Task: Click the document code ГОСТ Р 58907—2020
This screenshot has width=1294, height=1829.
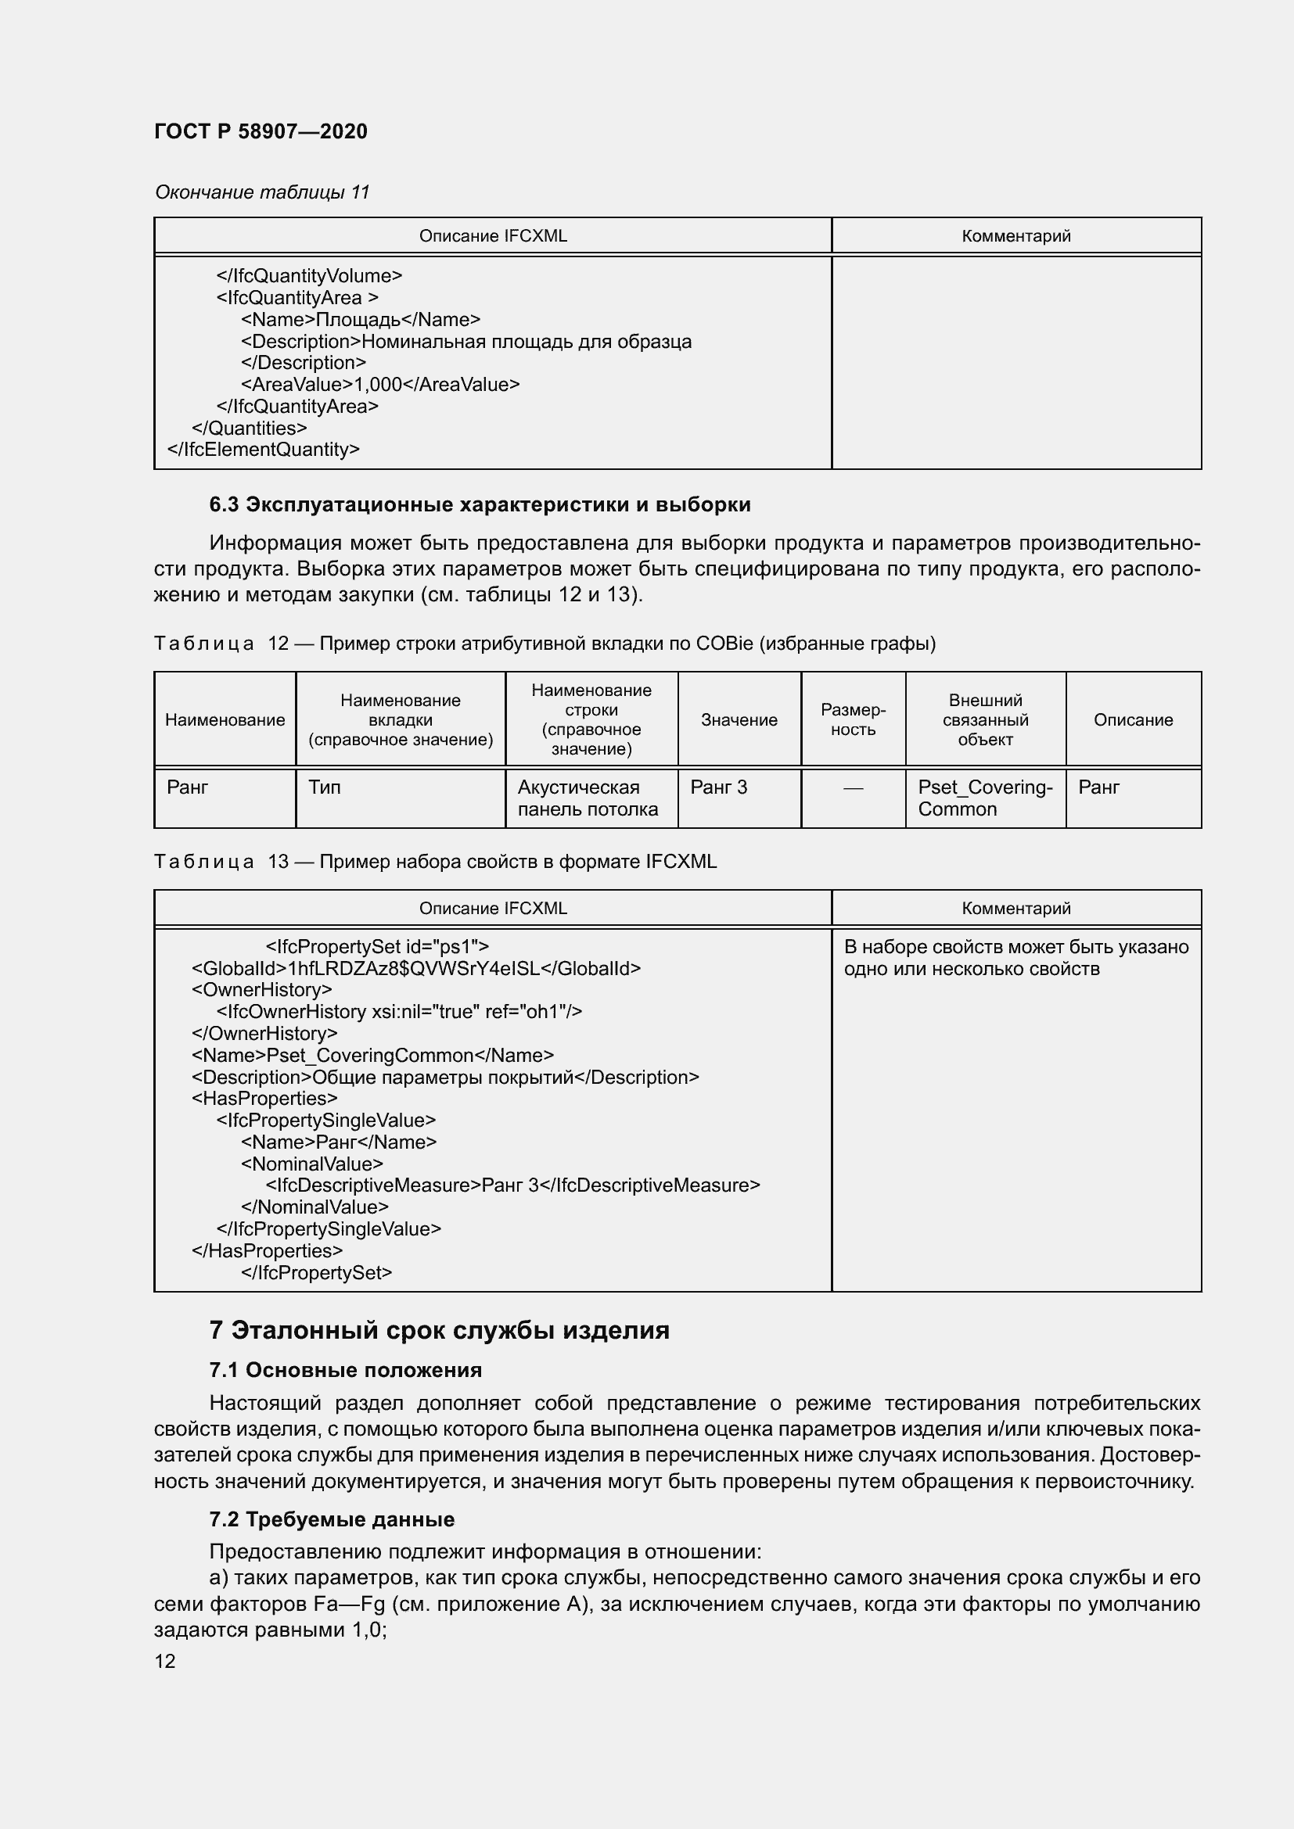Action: pyautogui.click(x=261, y=131)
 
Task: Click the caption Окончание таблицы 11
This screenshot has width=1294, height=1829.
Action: pyautogui.click(x=262, y=192)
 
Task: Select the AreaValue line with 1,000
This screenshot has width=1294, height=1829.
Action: pyautogui.click(x=380, y=385)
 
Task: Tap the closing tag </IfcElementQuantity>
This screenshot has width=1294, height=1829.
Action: pyautogui.click(x=263, y=450)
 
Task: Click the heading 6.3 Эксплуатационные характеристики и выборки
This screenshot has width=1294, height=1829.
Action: pyautogui.click(x=480, y=504)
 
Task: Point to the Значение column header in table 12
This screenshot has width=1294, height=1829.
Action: pyautogui.click(x=739, y=719)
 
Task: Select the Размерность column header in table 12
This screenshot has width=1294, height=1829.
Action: pyautogui.click(x=853, y=719)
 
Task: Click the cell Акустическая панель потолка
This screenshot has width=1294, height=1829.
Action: pyautogui.click(x=588, y=798)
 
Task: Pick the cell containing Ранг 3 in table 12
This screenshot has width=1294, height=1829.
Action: pyautogui.click(x=719, y=787)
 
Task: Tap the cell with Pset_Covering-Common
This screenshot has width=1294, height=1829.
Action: pyautogui.click(x=985, y=798)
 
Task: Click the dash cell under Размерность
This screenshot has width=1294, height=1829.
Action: pyautogui.click(x=853, y=788)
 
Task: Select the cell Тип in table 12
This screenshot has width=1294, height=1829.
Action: pyautogui.click(x=325, y=787)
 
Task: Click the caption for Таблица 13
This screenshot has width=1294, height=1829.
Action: pyautogui.click(x=435, y=861)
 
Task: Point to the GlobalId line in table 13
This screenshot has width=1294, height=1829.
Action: pyautogui.click(x=416, y=968)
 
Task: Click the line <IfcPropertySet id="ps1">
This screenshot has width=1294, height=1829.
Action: pyautogui.click(x=377, y=946)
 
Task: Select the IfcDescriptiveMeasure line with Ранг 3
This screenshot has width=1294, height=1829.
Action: pyautogui.click(x=512, y=1185)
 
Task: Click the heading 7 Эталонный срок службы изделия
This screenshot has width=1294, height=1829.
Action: pyautogui.click(x=439, y=1329)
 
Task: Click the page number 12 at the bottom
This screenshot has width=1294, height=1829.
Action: pyautogui.click(x=165, y=1661)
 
